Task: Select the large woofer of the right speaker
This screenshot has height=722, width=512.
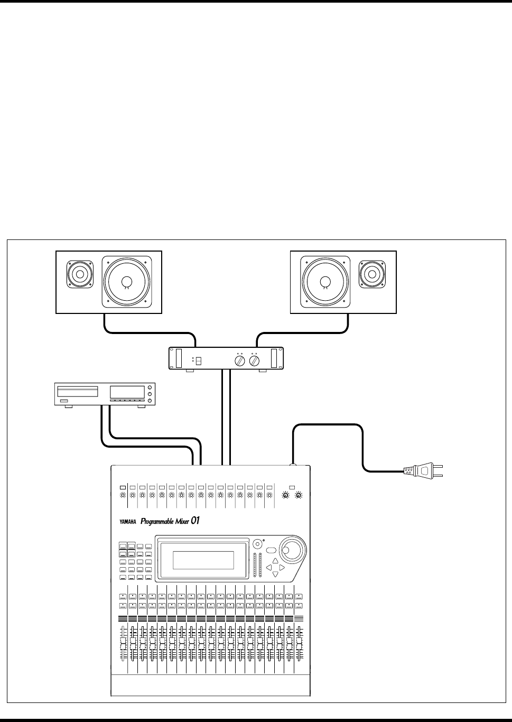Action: [324, 282]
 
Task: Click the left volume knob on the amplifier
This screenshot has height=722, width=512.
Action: [239, 361]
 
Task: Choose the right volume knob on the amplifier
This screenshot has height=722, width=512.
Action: [255, 361]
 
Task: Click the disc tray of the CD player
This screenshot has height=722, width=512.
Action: [77, 391]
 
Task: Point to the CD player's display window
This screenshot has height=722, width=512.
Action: [127, 392]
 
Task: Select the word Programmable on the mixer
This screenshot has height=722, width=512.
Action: [157, 522]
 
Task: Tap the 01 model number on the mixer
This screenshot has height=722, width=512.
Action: [195, 521]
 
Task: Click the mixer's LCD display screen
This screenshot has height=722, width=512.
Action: [203, 560]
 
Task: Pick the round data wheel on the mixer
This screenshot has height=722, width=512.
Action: [289, 550]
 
